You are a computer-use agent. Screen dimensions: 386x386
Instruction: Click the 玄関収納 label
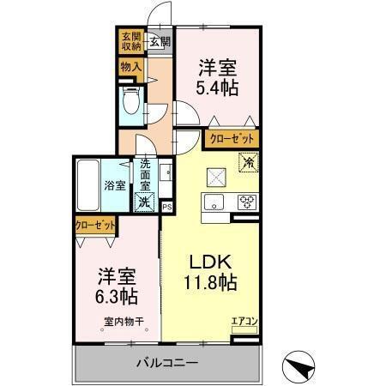pyautogui.click(x=130, y=42)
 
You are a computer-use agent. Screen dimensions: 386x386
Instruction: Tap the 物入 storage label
pyautogui.click(x=130, y=65)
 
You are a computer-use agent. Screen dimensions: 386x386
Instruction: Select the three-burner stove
pyautogui.click(x=246, y=202)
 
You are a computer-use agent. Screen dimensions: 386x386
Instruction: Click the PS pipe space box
pyautogui.click(x=167, y=206)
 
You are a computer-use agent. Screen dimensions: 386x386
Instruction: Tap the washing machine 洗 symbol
pyautogui.click(x=144, y=202)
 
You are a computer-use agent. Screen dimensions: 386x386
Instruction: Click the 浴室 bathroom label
pyautogui.click(x=116, y=184)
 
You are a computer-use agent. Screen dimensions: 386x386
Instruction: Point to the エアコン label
pyautogui.click(x=244, y=321)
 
